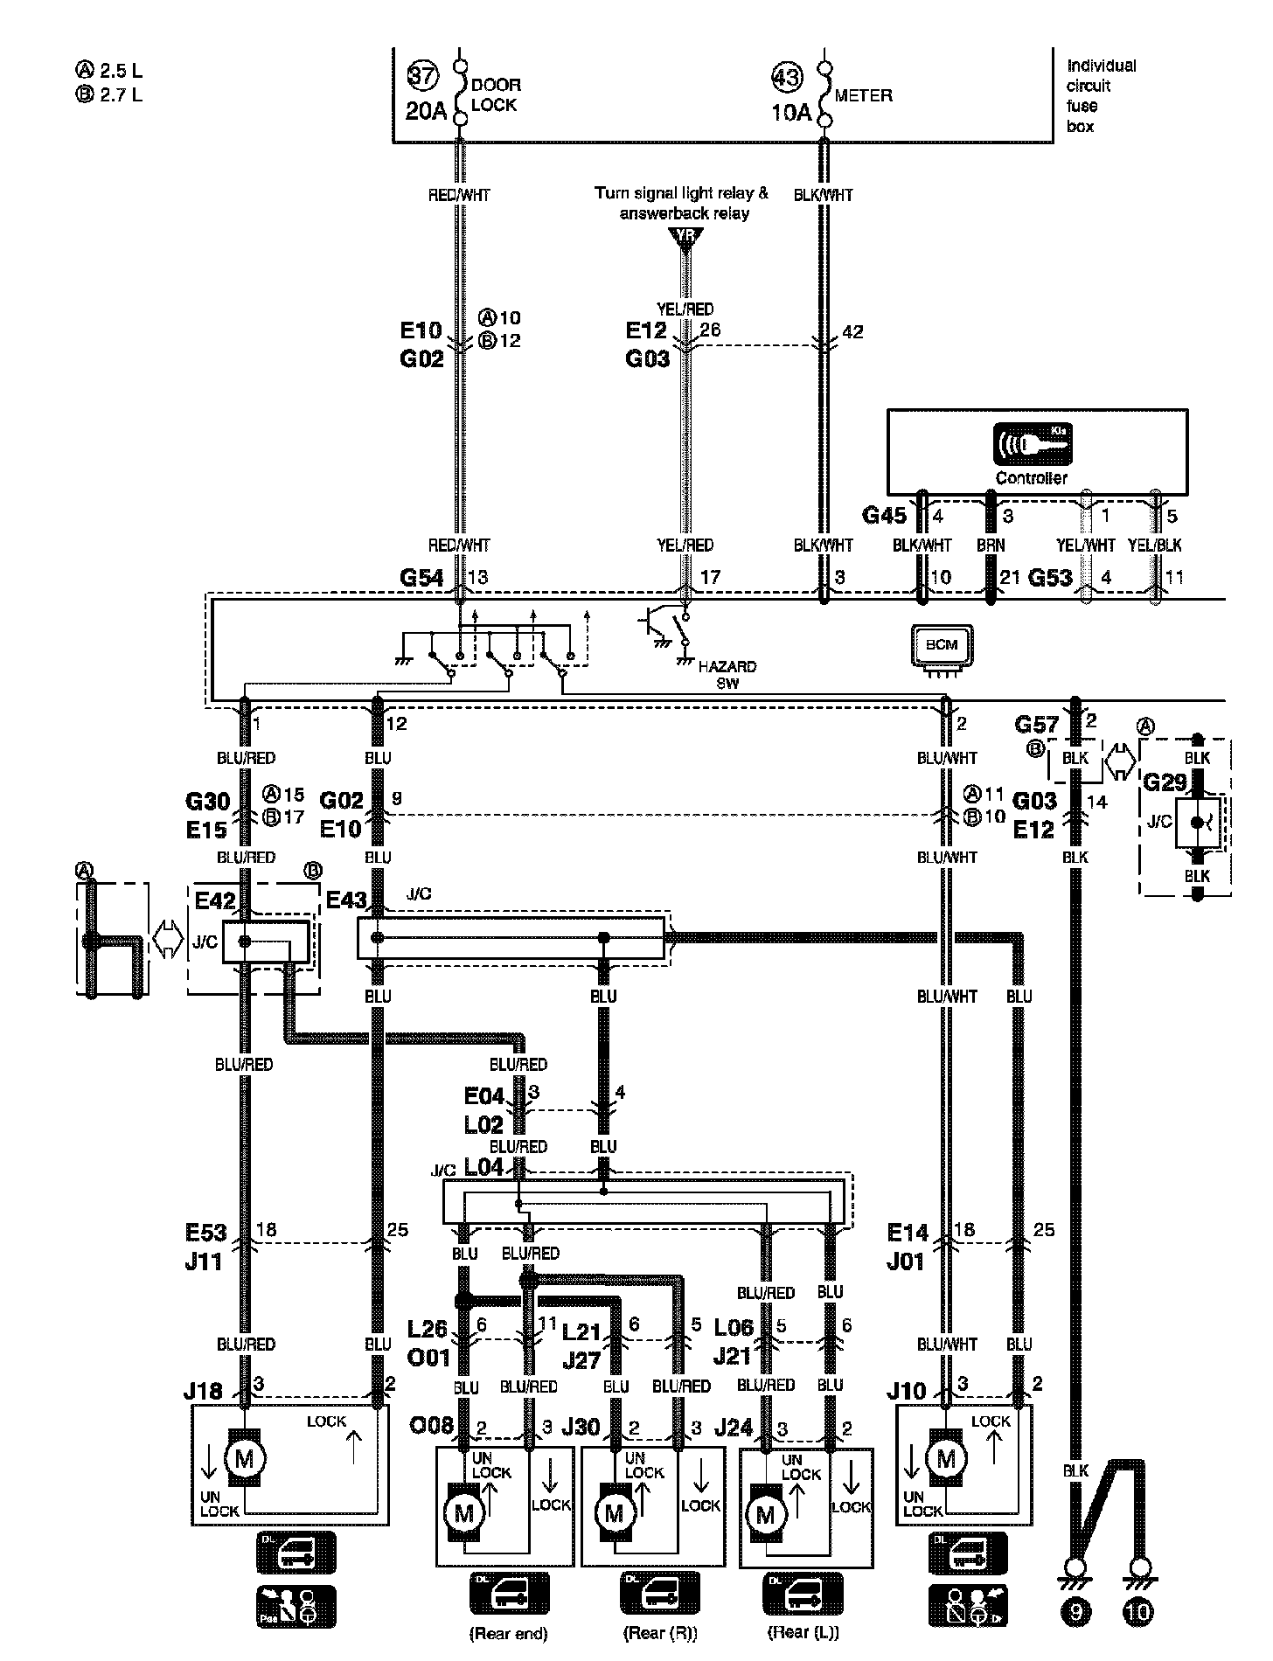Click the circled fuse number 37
[x=422, y=76]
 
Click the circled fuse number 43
[x=787, y=77]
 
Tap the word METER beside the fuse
[x=863, y=96]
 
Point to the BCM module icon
[x=942, y=646]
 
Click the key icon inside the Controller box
[x=1032, y=444]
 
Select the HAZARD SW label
[x=727, y=674]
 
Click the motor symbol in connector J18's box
[x=245, y=1457]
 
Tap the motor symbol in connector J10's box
[x=946, y=1457]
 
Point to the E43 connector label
[x=346, y=900]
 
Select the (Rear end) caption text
[x=508, y=1634]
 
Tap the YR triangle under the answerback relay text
[x=685, y=236]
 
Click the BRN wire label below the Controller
[x=991, y=546]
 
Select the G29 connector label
[x=1165, y=783]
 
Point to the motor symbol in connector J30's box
[x=614, y=1512]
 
